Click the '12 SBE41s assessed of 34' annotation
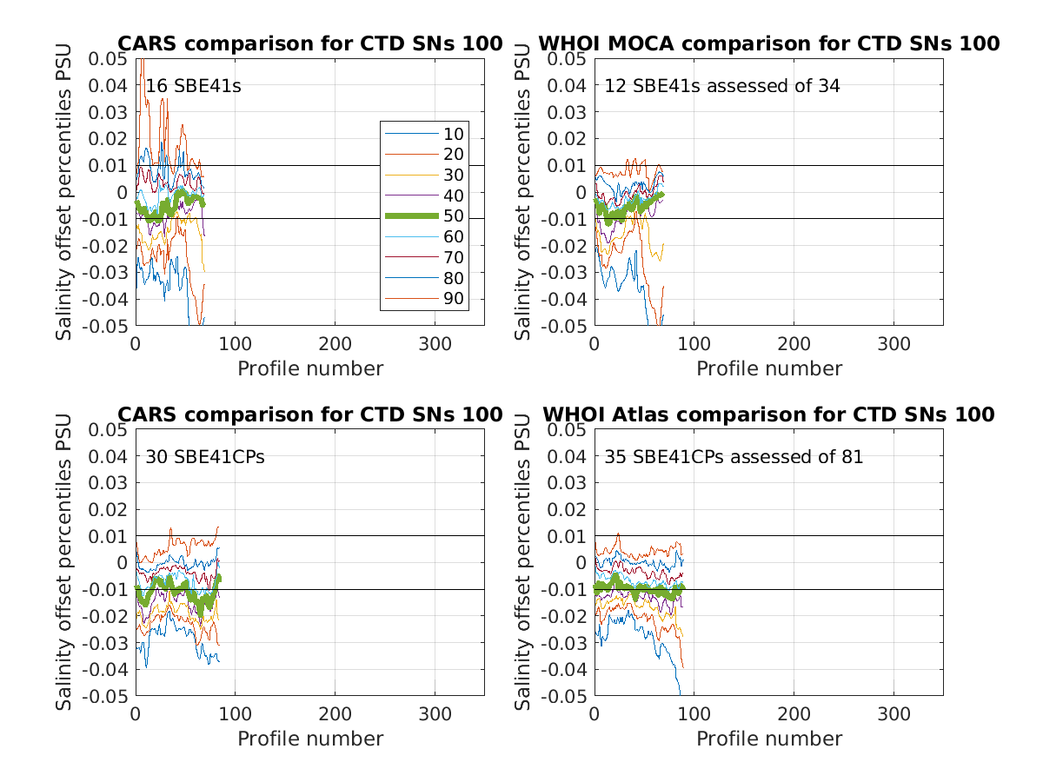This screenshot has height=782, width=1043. point(722,86)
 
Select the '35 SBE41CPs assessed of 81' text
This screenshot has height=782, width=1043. point(734,456)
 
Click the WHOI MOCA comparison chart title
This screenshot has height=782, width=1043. point(769,43)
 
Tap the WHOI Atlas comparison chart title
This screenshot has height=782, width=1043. point(769,414)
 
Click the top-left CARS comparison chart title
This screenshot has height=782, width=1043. point(310,43)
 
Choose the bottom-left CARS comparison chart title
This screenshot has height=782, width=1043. point(310,414)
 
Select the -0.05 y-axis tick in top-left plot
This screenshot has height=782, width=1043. point(108,326)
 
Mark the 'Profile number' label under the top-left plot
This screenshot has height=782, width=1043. point(310,368)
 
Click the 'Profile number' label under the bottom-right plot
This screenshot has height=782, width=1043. point(769,739)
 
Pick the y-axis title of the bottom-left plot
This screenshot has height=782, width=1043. point(65,562)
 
